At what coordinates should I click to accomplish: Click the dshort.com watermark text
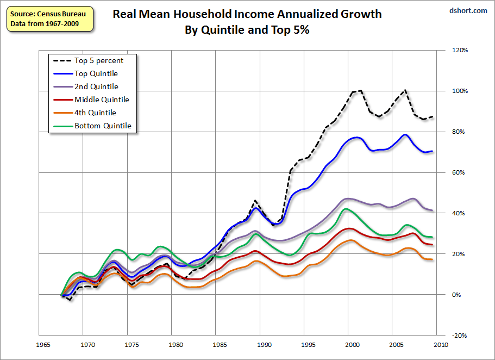(x=468, y=10)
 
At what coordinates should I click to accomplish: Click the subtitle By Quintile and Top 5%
(x=247, y=30)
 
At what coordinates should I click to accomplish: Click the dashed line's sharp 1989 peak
(x=255, y=201)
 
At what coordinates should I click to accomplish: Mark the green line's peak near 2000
(x=346, y=209)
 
